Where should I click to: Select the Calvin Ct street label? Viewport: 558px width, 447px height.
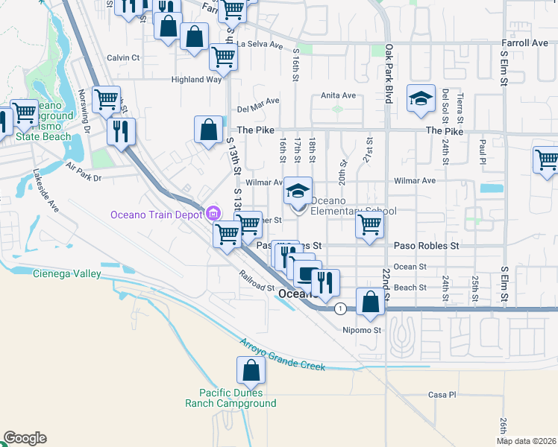coord(123,57)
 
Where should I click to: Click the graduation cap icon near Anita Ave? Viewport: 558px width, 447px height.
coord(421,98)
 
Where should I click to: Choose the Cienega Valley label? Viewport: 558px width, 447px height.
coord(66,274)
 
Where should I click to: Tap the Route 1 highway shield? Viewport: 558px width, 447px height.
coord(340,308)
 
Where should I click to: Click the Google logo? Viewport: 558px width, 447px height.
coord(25,439)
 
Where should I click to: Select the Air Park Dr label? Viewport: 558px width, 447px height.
coord(83,173)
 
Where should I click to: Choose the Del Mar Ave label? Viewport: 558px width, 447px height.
coord(257,104)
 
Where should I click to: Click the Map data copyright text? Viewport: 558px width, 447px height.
coord(526,441)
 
